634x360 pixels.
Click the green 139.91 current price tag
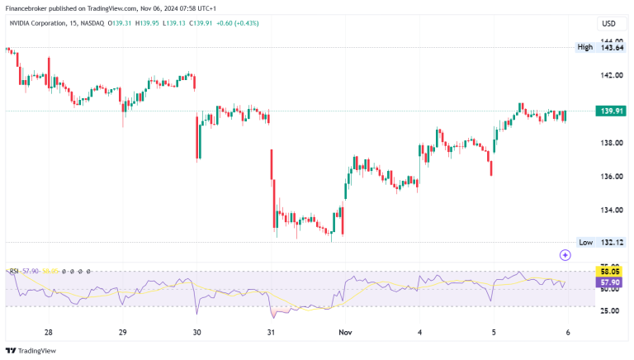click(x=612, y=111)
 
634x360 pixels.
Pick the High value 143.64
click(x=612, y=47)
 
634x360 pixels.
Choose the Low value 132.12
click(x=612, y=242)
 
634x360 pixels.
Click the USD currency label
click(x=609, y=23)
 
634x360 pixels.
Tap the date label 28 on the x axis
click(x=49, y=332)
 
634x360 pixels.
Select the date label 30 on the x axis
click(x=196, y=332)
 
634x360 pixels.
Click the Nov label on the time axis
click(x=346, y=332)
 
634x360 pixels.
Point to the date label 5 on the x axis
click(x=494, y=332)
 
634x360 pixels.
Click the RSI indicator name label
click(x=13, y=270)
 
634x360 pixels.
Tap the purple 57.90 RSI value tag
click(x=612, y=282)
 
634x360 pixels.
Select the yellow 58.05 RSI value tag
click(x=612, y=271)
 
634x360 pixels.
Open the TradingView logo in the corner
click(x=33, y=349)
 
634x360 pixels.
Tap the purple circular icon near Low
click(x=565, y=256)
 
